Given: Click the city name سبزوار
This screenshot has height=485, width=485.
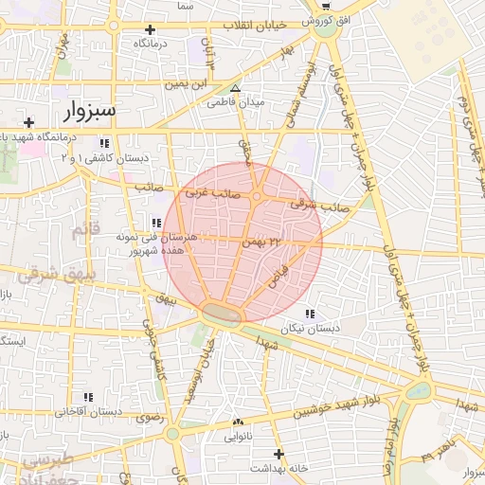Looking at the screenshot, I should pos(89,111).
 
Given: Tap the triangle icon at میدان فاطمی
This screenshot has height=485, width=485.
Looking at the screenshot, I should pos(236,88).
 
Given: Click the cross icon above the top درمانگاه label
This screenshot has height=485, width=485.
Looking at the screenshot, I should pos(150,30).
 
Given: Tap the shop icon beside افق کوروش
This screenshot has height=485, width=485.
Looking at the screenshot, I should pos(332,4).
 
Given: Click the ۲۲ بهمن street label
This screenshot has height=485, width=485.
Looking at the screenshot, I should pos(262,242).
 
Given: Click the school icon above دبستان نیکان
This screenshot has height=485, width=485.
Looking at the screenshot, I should pos(312,314).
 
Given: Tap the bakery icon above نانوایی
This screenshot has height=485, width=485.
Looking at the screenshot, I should pos(238,422).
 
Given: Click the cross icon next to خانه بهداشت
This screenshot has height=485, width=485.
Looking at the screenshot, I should pos(278,454).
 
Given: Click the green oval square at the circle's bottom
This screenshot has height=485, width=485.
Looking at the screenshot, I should pos(222,312).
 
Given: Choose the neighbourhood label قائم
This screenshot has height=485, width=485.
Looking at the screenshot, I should pos(85,230).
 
